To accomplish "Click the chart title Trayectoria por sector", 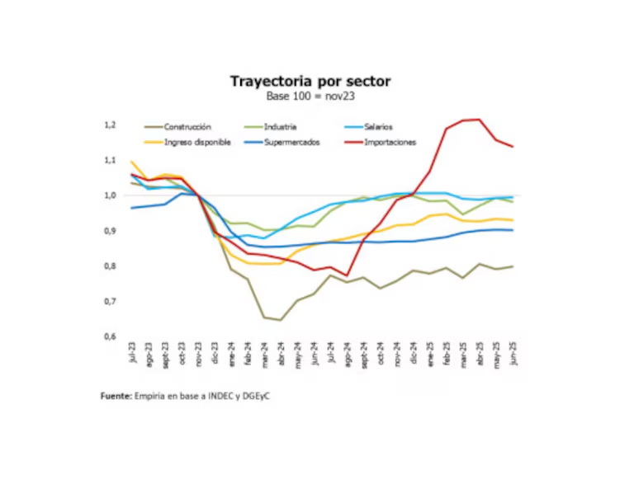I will [x=310, y=81].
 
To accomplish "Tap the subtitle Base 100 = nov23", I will [x=310, y=96].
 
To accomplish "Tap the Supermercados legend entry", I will [x=291, y=142].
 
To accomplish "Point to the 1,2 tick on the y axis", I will [x=109, y=125].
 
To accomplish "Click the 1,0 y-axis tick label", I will [x=109, y=195].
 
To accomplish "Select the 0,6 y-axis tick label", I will [x=109, y=336].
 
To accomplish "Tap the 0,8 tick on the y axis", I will [x=109, y=266].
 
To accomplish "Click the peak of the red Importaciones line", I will [x=480, y=120].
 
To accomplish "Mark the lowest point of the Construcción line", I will [x=281, y=320].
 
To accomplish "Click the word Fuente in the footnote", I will [x=116, y=397].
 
